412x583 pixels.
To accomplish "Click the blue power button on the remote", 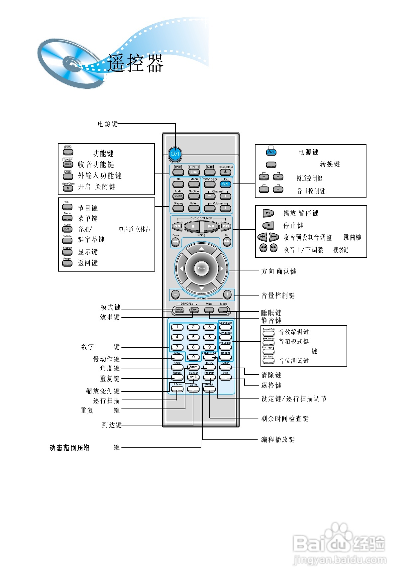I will click(x=175, y=154).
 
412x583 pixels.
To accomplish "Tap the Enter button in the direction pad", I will click(x=201, y=268).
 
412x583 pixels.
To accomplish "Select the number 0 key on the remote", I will click(x=193, y=357).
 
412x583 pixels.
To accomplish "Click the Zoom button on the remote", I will click(x=193, y=367).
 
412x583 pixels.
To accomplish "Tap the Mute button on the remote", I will click(x=209, y=310).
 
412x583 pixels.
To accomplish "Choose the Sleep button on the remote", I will click(x=224, y=310).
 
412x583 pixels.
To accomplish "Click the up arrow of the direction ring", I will click(x=201, y=249).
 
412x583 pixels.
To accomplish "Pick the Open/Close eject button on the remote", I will click(x=226, y=172).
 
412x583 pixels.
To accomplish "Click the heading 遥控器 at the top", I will click(x=136, y=63).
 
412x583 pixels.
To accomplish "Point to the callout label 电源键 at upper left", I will click(x=107, y=124).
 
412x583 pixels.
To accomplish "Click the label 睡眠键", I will click(x=271, y=313).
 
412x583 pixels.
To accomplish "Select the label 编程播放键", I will click(x=278, y=440).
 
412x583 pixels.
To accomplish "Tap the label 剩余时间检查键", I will click(x=285, y=419).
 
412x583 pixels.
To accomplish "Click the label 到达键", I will click(x=112, y=425).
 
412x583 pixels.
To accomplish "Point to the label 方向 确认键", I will click(x=279, y=272).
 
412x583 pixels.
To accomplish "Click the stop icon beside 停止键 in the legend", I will click(x=268, y=226).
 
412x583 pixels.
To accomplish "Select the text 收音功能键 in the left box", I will click(x=96, y=165).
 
